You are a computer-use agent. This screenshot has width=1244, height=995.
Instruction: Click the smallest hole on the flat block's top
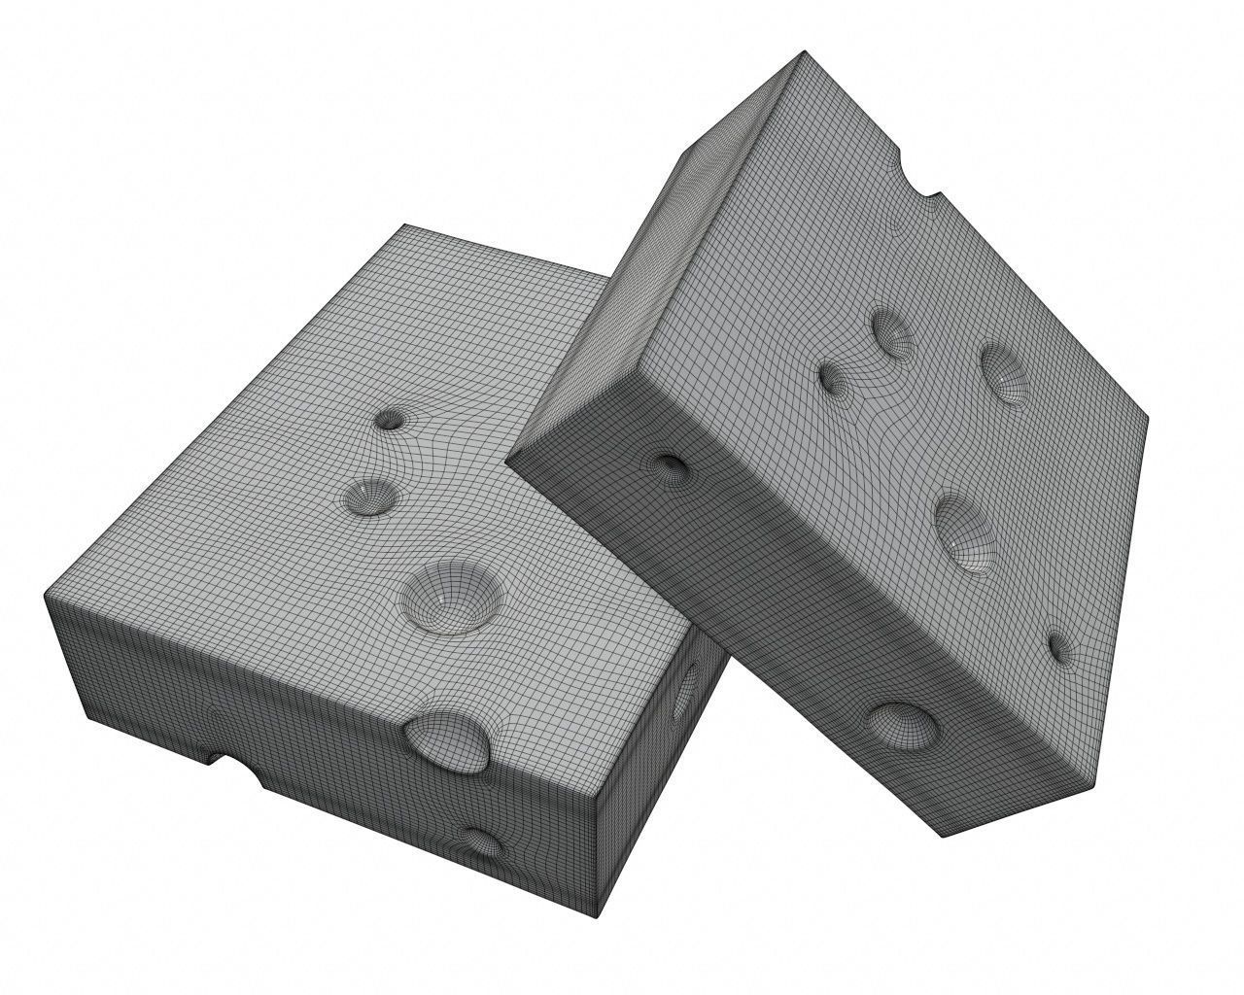pyautogui.click(x=391, y=420)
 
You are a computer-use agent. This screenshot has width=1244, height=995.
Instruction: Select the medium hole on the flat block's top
pyautogui.click(x=370, y=496)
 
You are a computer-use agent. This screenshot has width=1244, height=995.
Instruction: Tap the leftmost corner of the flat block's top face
pyautogui.click(x=47, y=590)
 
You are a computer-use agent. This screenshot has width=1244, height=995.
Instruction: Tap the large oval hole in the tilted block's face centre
pyautogui.click(x=966, y=532)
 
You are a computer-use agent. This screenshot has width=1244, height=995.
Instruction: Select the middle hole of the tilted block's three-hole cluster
pyautogui.click(x=891, y=332)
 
